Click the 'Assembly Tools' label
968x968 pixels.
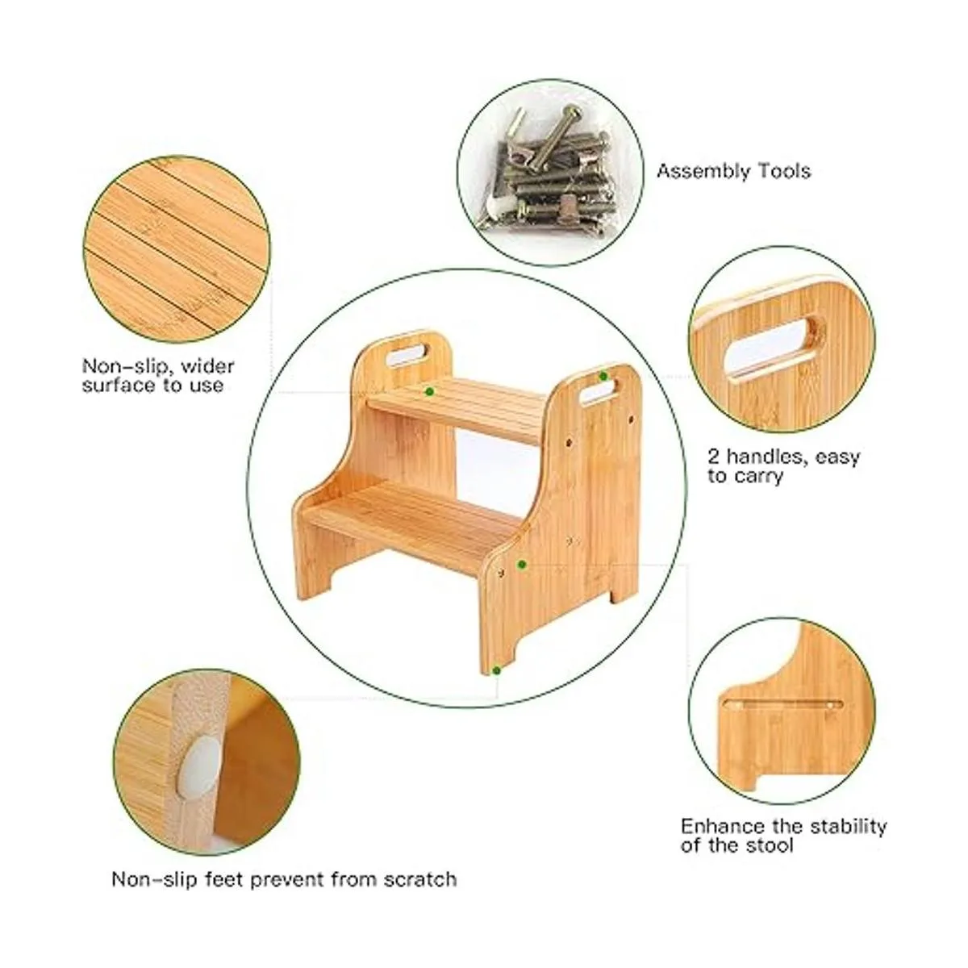(733, 171)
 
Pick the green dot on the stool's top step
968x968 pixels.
(429, 391)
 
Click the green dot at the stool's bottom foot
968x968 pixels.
(497, 670)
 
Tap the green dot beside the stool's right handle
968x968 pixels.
(603, 376)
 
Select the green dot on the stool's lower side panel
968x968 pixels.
(522, 564)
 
